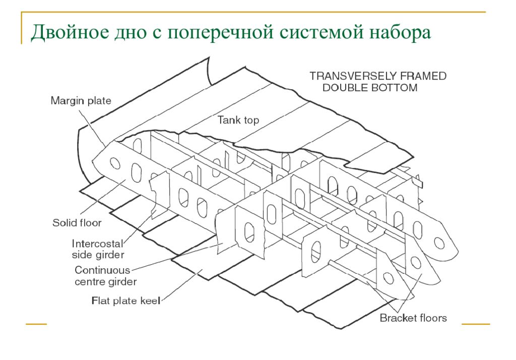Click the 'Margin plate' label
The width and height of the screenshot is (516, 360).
[x=81, y=100]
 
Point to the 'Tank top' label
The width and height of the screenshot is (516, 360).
[x=238, y=120]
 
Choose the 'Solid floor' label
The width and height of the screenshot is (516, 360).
[x=77, y=223]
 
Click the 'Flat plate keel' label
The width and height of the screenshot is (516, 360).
[x=126, y=301]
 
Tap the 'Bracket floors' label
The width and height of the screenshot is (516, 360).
[x=413, y=318]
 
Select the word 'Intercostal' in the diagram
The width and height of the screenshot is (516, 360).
[x=97, y=244]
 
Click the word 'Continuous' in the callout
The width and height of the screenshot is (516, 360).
[x=102, y=270]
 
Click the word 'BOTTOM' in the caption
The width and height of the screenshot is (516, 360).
[x=394, y=88]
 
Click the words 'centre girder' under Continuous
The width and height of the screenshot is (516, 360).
[x=106, y=282]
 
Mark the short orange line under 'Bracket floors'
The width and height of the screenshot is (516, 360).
[x=476, y=324]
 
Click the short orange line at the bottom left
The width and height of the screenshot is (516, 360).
[x=36, y=324]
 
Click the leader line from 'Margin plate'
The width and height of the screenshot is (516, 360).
[x=93, y=128]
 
